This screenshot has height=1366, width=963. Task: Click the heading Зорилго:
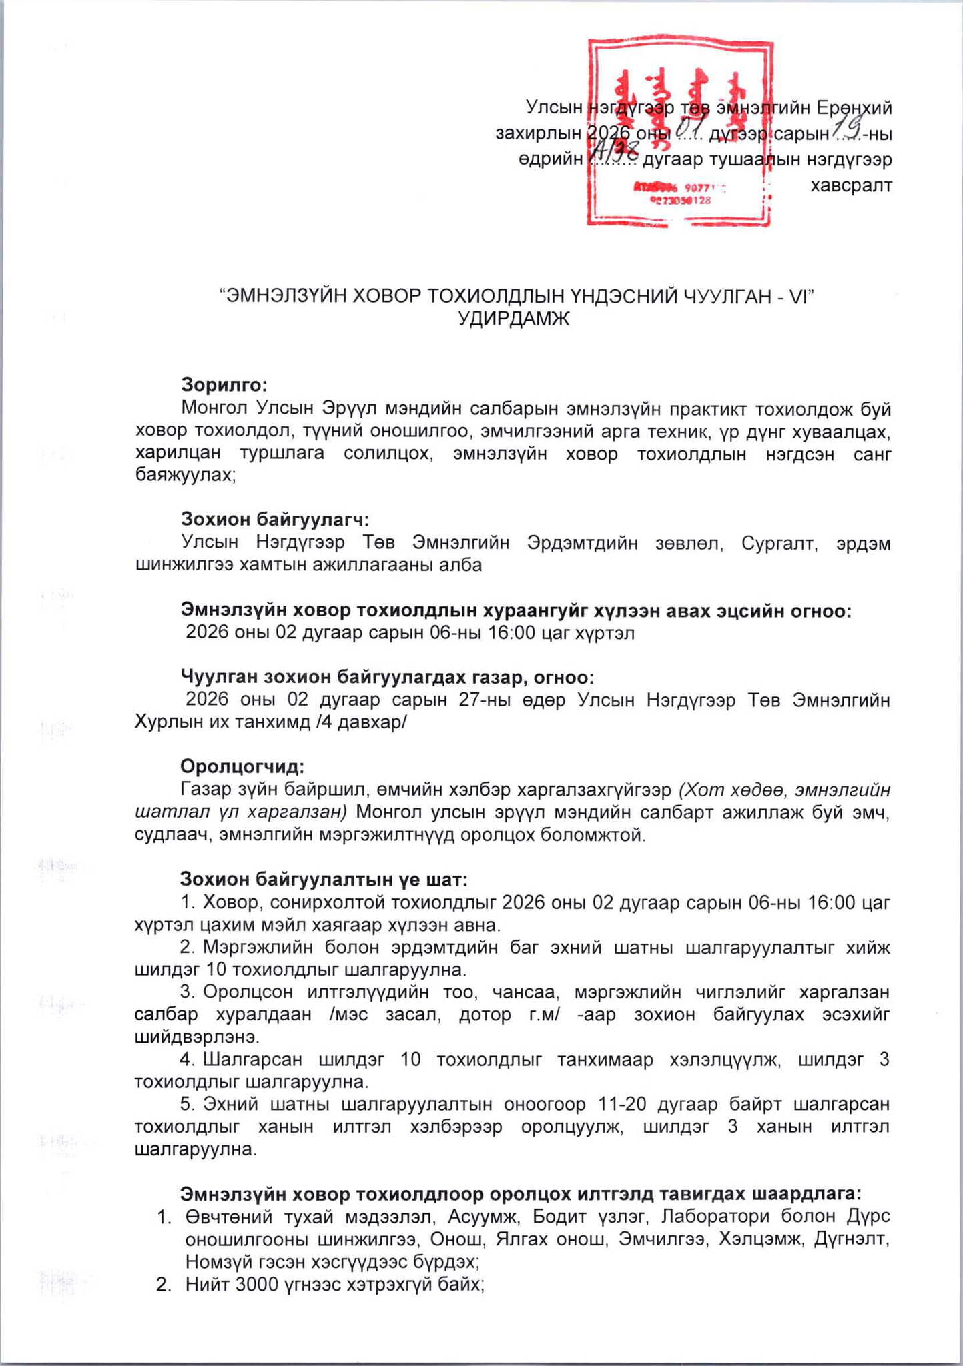tap(224, 385)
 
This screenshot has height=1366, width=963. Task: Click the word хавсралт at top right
tap(851, 185)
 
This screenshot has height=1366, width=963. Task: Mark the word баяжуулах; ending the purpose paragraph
tap(185, 476)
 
